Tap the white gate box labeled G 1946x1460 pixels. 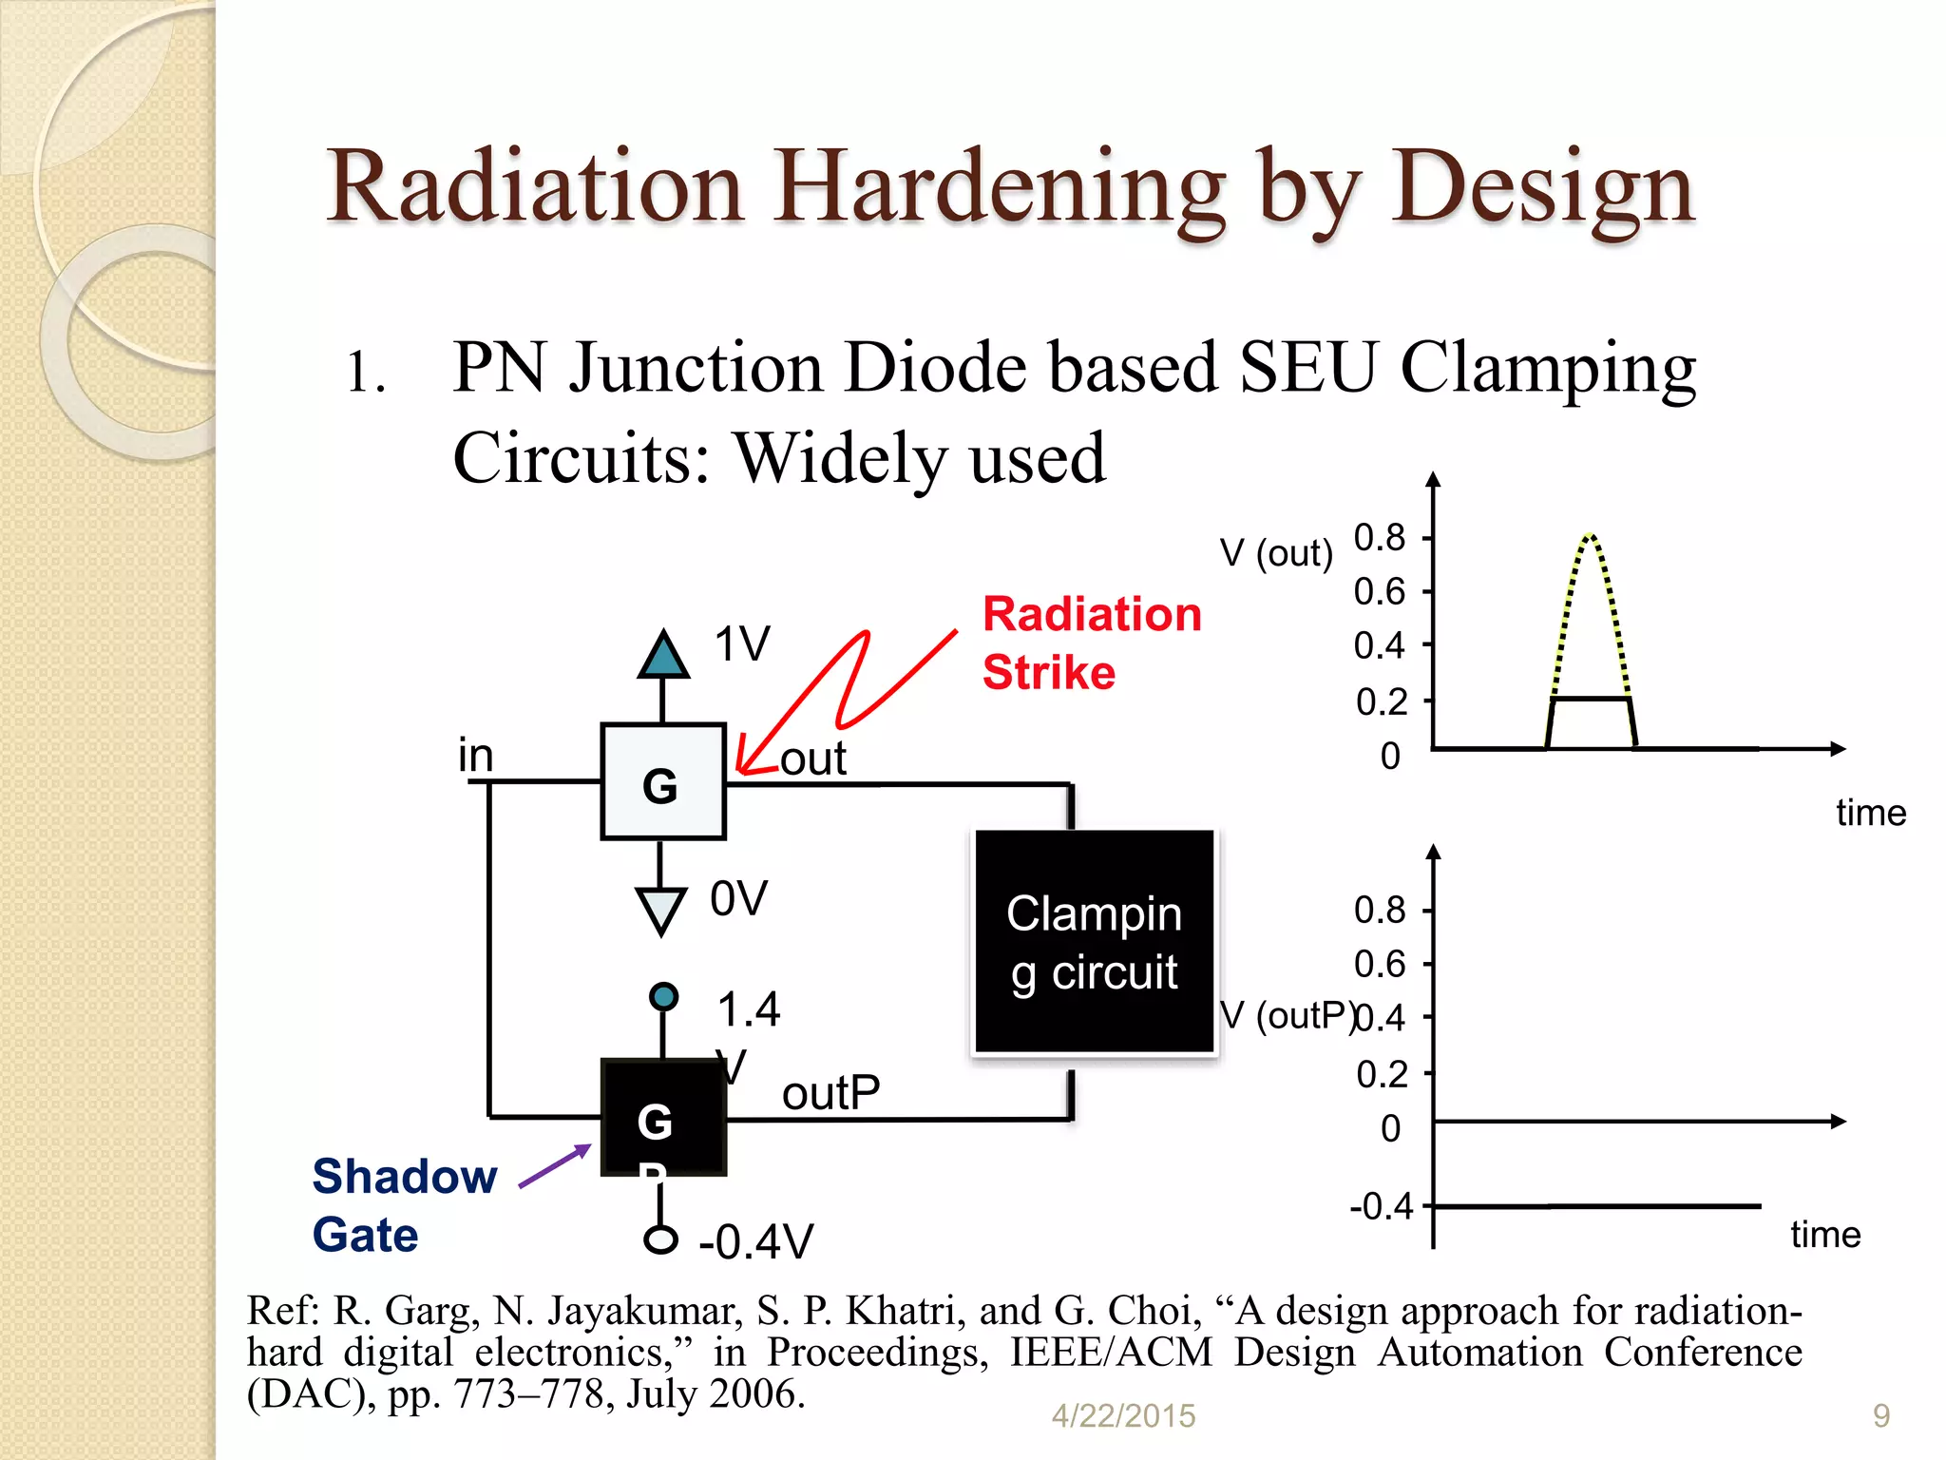pyautogui.click(x=662, y=782)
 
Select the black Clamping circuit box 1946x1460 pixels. pyautogui.click(x=1095, y=942)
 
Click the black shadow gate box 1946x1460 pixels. pyautogui.click(x=663, y=1118)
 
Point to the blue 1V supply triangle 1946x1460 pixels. pyautogui.click(x=662, y=655)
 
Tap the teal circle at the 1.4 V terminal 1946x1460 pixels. pyautogui.click(x=663, y=996)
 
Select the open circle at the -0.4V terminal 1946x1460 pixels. pyautogui.click(x=660, y=1239)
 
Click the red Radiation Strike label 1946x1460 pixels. pyautogui.click(x=1091, y=643)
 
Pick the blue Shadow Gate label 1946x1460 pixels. pyautogui.click(x=404, y=1205)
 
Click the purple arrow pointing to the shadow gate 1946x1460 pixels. pyautogui.click(x=555, y=1166)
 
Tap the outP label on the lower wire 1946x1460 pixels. pyautogui.click(x=830, y=1093)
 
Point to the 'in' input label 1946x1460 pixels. pyautogui.click(x=476, y=756)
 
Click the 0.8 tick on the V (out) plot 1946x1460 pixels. pyautogui.click(x=1380, y=538)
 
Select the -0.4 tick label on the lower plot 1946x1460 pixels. pyautogui.click(x=1382, y=1206)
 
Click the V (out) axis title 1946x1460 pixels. pyautogui.click(x=1276, y=552)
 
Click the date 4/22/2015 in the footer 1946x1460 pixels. pyautogui.click(x=1123, y=1416)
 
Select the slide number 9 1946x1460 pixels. pyautogui.click(x=1880, y=1416)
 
